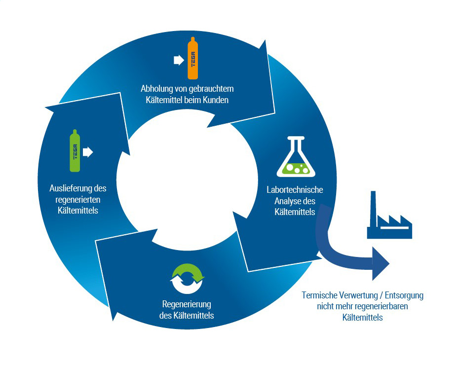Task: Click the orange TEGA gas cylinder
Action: pos(193,58)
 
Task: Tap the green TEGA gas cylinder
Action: pos(75,150)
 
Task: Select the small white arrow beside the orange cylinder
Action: pos(179,60)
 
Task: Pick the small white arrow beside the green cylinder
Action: pos(88,152)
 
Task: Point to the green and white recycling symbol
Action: pos(187,279)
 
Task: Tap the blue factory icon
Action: pos(389,215)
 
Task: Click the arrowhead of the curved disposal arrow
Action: pos(381,263)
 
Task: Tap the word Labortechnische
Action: pos(295,189)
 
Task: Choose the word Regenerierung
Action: pos(187,304)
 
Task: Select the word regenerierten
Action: pos(78,200)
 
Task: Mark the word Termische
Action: pos(319,295)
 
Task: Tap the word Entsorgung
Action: pos(404,295)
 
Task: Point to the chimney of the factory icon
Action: pos(373,209)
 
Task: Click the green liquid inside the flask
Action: pos(296,169)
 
